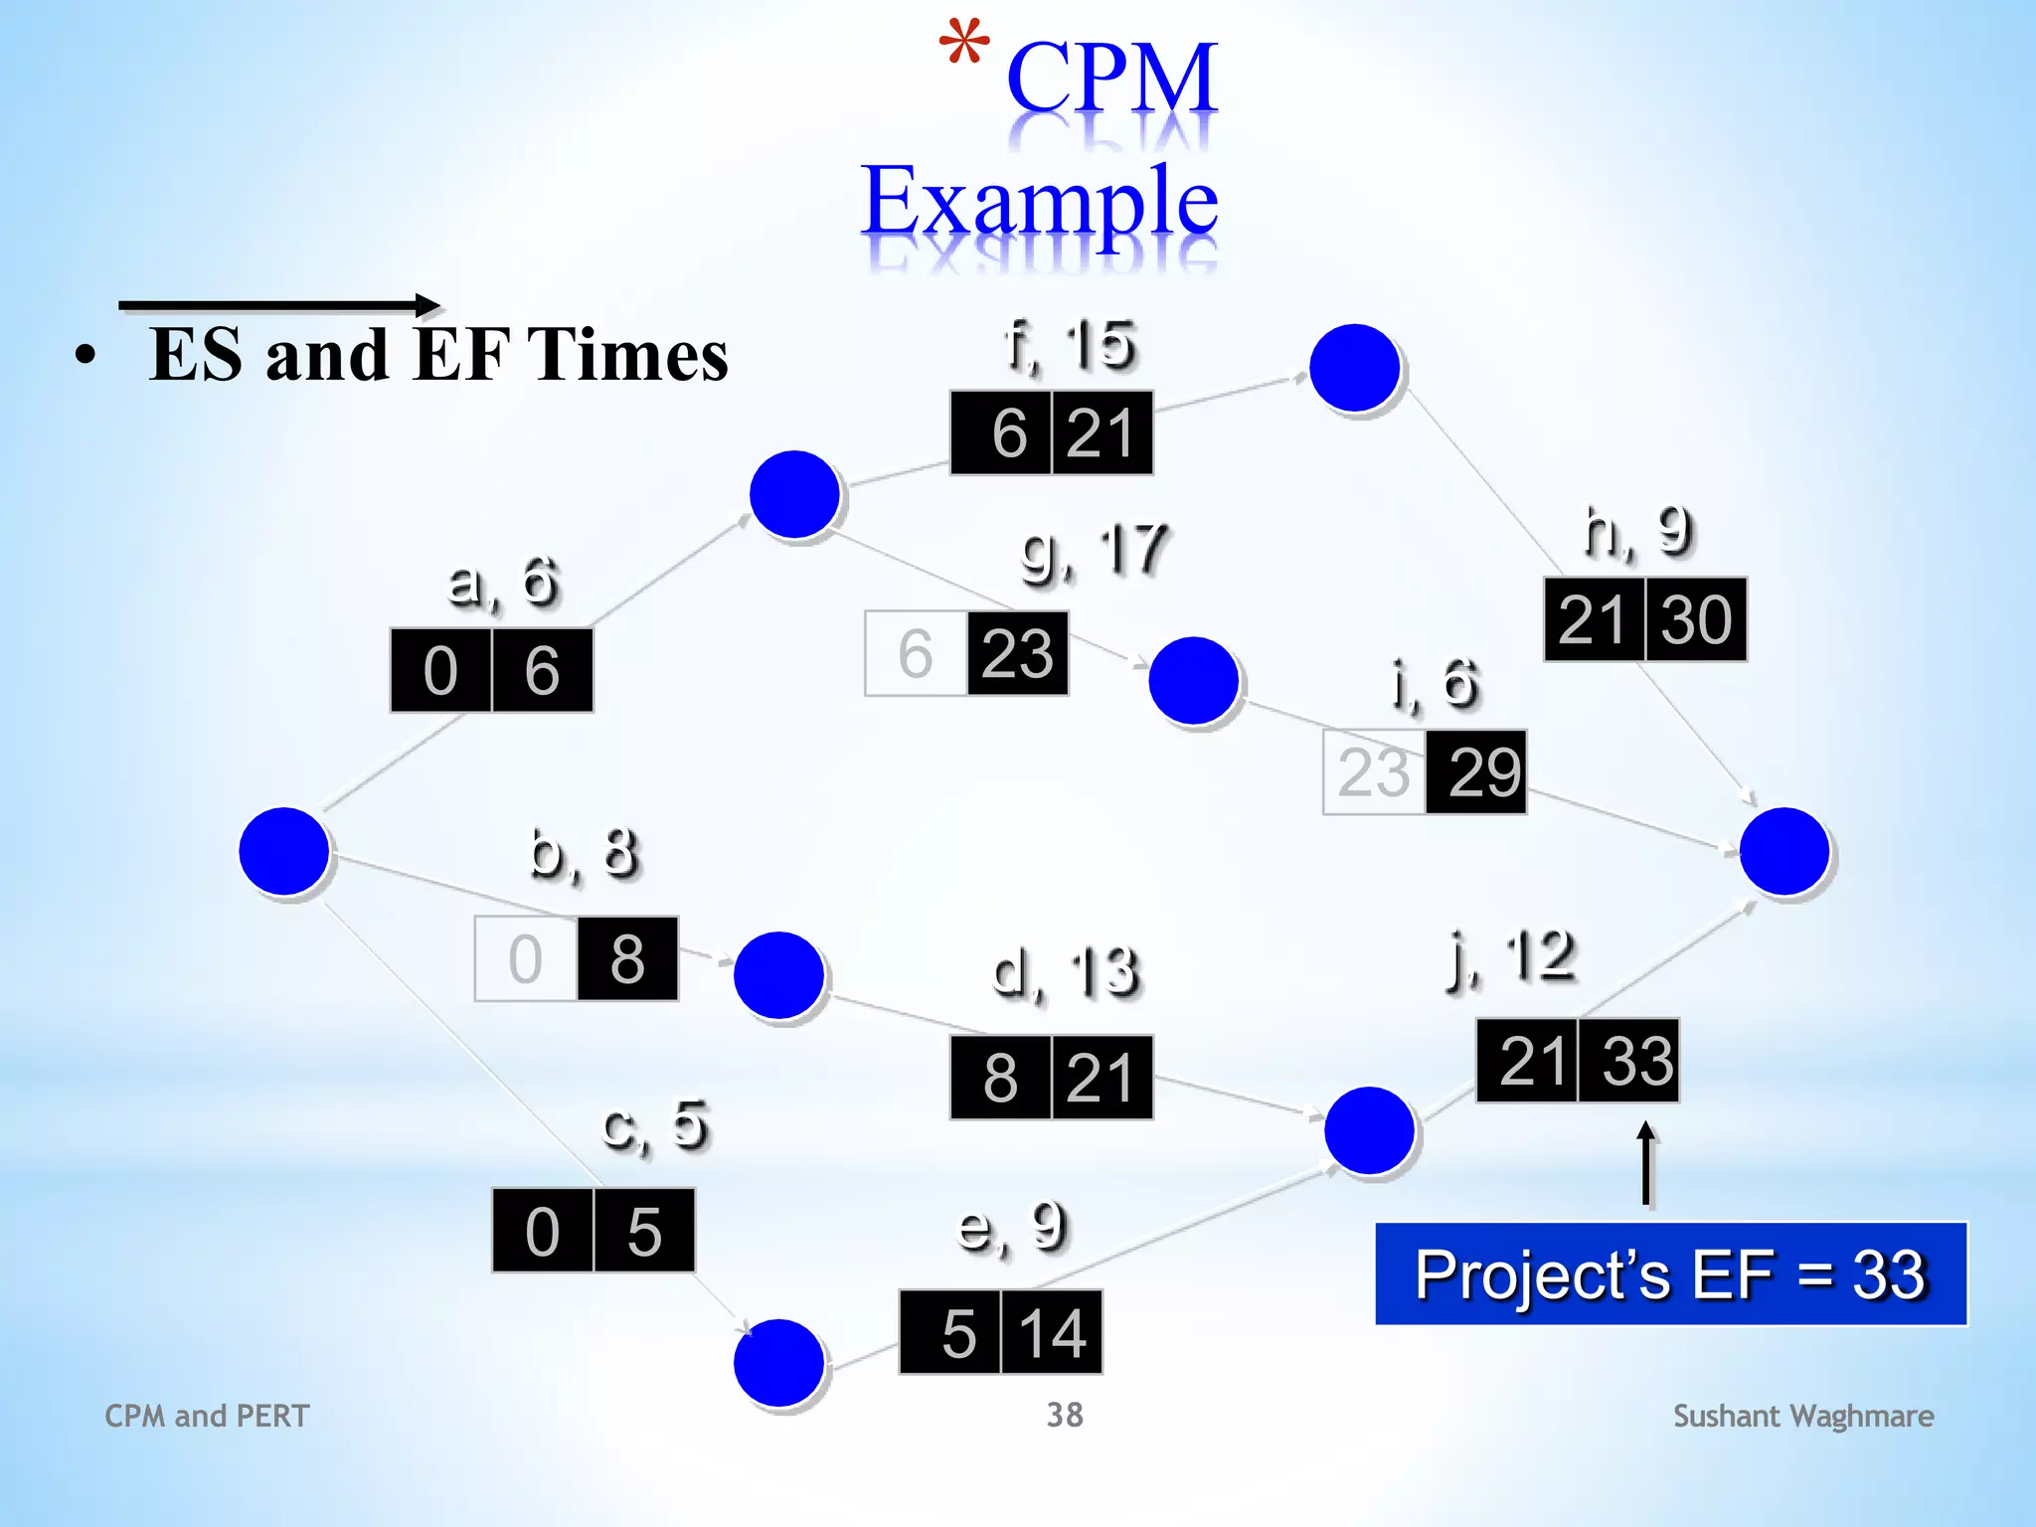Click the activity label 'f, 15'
(1070, 346)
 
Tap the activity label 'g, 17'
(1094, 553)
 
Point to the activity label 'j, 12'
(1511, 958)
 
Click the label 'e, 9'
(1011, 1227)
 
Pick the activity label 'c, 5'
(656, 1125)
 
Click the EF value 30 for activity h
(1696, 620)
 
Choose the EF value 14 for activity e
(1052, 1333)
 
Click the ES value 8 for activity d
(1000, 1079)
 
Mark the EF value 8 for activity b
(627, 959)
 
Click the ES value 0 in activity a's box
(440, 671)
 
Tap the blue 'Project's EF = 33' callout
(1670, 1274)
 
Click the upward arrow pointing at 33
(1646, 1163)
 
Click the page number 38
(1065, 1415)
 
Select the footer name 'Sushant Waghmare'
(1803, 1416)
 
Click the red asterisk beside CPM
(963, 44)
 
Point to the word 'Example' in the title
(1040, 201)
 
